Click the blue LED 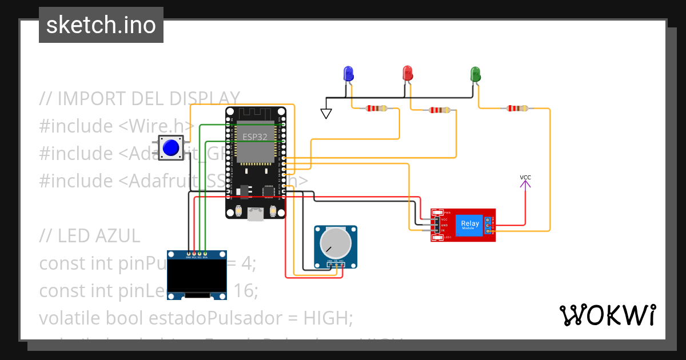pos(348,73)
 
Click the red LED pos(408,73)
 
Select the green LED pos(475,74)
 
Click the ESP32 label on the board pos(255,137)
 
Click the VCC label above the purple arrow pos(525,178)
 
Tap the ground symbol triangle pos(326,114)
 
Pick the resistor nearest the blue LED pos(376,109)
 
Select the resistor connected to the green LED pos(517,108)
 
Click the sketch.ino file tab pos(101,25)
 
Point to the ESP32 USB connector pos(255,214)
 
